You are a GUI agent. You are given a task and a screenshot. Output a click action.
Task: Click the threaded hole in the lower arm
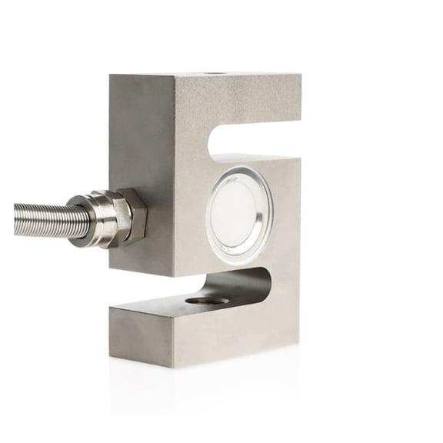click(206, 299)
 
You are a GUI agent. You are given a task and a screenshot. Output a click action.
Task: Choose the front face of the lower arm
click(231, 331)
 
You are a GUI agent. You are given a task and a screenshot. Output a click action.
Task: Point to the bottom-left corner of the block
click(111, 358)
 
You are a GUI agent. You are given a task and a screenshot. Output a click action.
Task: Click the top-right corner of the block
click(301, 76)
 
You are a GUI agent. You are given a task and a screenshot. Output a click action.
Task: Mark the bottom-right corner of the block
click(298, 345)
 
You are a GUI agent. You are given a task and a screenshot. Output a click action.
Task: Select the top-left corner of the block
click(111, 75)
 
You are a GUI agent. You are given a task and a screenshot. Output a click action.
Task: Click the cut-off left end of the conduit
click(15, 220)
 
